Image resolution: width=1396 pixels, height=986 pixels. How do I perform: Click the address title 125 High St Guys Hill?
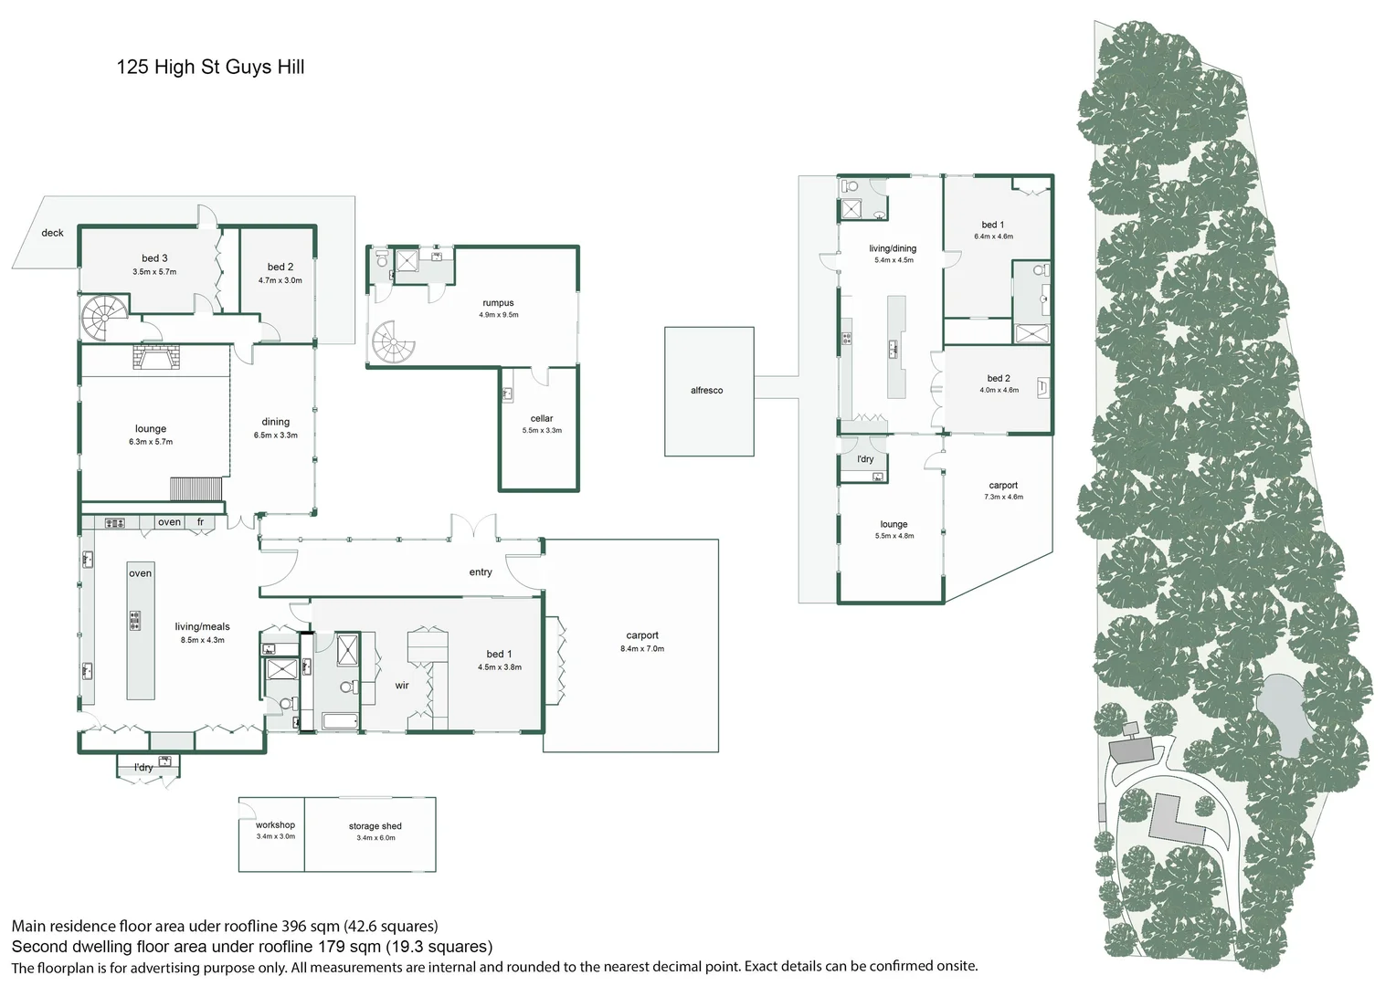tap(210, 68)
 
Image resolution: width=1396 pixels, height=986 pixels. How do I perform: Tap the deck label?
tap(52, 233)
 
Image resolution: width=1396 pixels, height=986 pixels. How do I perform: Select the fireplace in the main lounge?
tap(156, 357)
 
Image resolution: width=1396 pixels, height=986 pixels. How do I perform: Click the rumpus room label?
tap(498, 303)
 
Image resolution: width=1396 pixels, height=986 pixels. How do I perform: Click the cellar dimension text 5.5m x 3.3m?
tap(542, 430)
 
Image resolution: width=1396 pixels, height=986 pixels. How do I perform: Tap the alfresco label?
tap(707, 391)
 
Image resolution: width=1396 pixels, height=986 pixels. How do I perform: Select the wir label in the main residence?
tap(402, 685)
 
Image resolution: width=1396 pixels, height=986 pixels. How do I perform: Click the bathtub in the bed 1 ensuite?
tap(340, 721)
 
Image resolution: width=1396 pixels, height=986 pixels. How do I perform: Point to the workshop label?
tap(275, 824)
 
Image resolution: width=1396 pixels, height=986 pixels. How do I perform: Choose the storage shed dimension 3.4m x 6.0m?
tap(375, 838)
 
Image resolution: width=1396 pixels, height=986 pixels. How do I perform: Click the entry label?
tap(481, 572)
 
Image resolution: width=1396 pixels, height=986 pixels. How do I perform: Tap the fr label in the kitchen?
tap(201, 522)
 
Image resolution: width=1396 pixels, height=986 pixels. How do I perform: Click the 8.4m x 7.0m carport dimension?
tap(642, 648)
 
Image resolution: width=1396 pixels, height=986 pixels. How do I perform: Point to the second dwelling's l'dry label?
tap(865, 459)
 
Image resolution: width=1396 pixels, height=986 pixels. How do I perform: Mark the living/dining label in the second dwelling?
tap(894, 248)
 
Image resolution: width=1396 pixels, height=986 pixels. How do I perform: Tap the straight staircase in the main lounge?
tap(196, 489)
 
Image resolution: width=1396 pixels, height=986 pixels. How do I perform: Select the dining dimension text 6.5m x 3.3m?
tap(276, 435)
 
